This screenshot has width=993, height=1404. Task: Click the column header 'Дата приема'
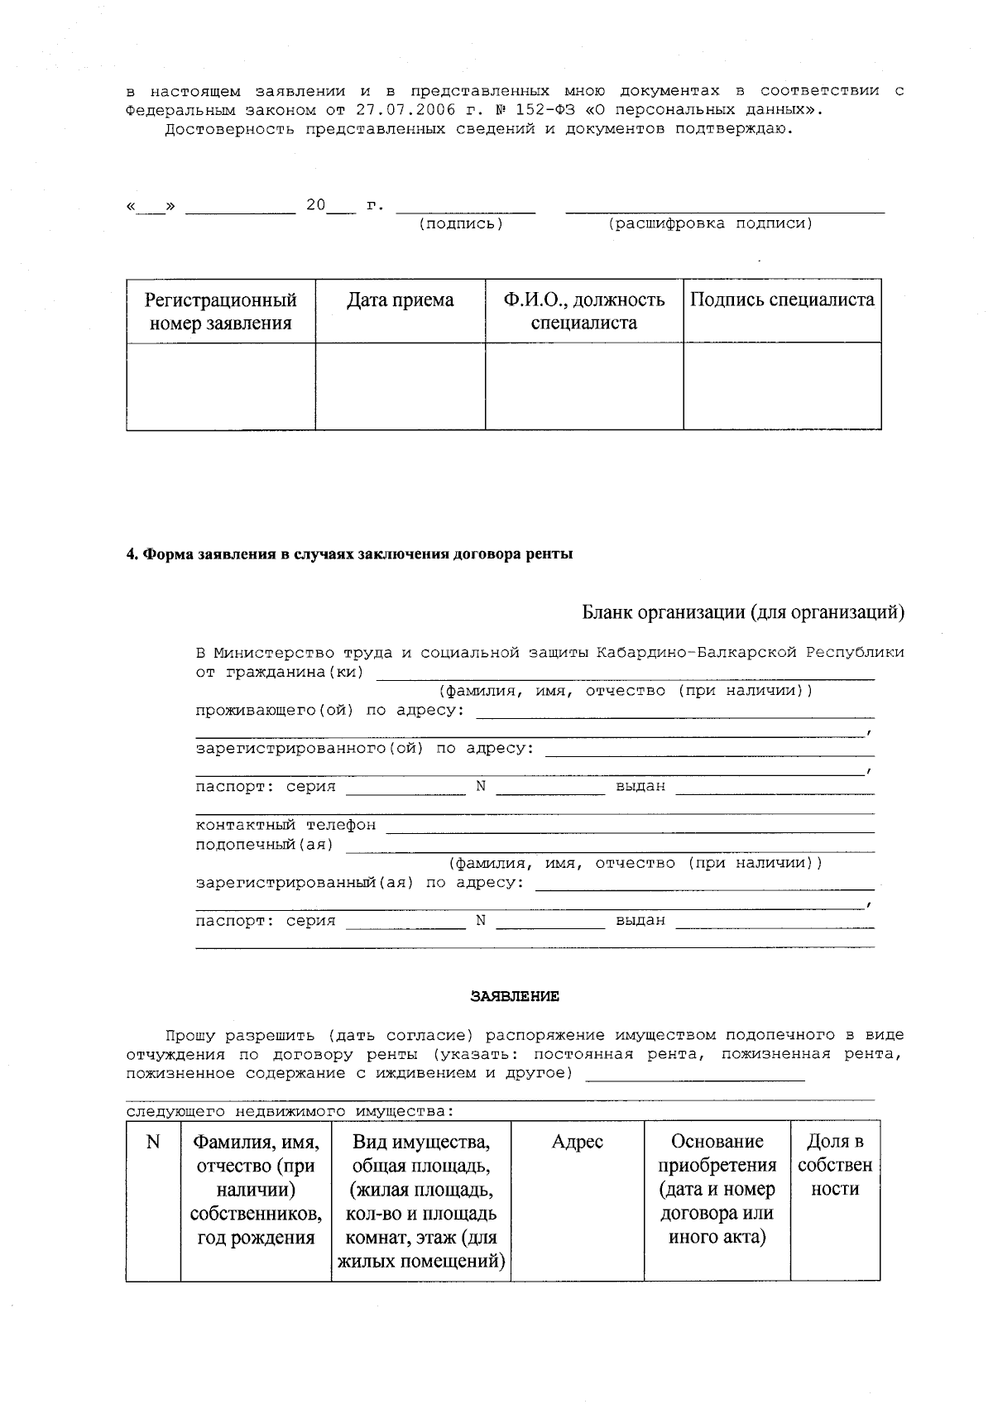coord(400,300)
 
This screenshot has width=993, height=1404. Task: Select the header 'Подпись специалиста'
coord(782,300)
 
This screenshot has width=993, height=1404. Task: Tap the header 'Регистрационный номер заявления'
coord(220,311)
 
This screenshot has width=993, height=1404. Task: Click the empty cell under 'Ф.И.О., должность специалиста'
coord(584,386)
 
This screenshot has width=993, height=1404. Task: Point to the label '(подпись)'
coord(462,224)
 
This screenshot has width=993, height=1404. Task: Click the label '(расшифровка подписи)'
coord(711,224)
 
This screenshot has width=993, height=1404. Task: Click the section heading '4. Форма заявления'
coord(349,554)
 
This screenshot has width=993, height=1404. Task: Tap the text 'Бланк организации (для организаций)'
coord(743,613)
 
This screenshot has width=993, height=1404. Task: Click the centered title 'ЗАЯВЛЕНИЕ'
coord(515,997)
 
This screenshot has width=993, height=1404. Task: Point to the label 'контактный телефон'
coord(285,825)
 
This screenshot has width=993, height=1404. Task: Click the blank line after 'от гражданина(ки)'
coord(625,673)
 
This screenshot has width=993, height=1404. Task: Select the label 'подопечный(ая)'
coord(264,845)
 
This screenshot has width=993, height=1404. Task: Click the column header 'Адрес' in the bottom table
coord(577,1143)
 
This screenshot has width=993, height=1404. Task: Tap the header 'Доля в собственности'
coord(835,1166)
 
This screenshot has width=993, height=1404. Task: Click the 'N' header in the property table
coord(153,1143)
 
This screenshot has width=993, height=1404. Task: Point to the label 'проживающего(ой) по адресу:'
coord(329,711)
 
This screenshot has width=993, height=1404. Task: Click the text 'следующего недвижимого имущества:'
coord(290,1111)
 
